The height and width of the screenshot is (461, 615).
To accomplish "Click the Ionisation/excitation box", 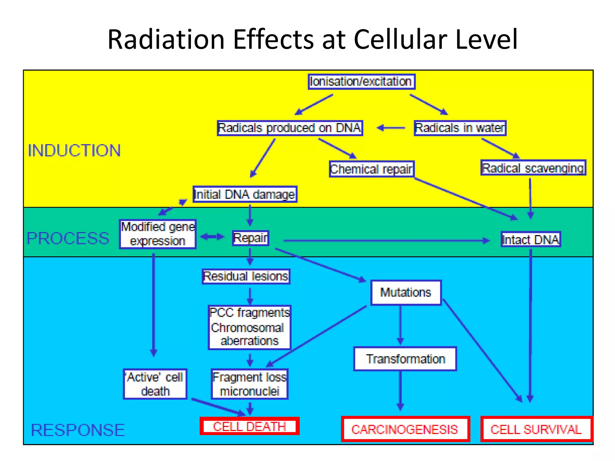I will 362,82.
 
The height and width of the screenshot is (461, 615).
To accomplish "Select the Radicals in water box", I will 460,128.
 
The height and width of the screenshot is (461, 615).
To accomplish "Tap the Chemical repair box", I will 371,169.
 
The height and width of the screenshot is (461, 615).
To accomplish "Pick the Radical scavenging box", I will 533,168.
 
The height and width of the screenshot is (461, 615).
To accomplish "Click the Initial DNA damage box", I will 245,194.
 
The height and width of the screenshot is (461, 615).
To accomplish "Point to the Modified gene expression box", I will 158,234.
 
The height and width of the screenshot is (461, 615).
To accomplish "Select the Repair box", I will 250,238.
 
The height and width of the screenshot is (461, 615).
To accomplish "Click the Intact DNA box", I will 531,240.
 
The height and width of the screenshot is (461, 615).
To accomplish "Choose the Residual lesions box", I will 246,276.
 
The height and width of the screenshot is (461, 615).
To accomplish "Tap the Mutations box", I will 406,293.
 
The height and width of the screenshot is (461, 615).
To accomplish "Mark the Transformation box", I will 405,359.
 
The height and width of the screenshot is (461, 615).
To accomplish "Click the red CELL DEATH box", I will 249,426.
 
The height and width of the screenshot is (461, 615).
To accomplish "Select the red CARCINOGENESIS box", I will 405,429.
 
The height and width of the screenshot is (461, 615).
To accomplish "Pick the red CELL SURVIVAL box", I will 536,429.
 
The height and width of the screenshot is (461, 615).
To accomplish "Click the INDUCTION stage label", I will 74,150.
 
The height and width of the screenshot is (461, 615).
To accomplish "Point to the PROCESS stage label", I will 68,239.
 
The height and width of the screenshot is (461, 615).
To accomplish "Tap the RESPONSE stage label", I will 78,430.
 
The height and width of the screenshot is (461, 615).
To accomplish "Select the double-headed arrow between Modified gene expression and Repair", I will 212,237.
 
